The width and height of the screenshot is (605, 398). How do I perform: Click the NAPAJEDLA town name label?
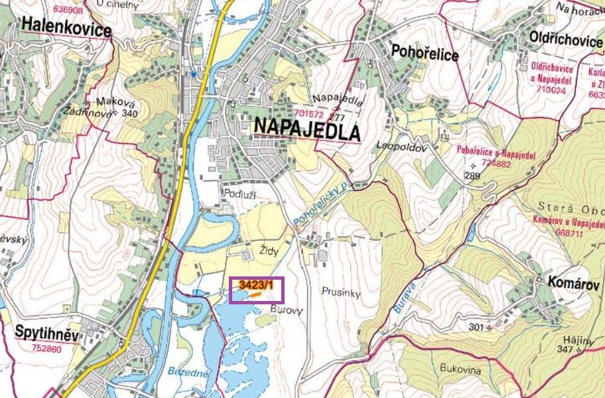pos(306,129)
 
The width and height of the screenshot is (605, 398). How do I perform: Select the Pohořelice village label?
pos(425,53)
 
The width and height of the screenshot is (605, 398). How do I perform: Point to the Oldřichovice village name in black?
pos(565,41)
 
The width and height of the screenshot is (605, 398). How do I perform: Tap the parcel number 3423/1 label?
pos(255,285)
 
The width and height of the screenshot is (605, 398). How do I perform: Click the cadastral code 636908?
pos(68,10)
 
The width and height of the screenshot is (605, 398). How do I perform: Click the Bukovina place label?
pos(460,369)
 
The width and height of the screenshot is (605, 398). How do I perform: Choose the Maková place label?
pos(111,102)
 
